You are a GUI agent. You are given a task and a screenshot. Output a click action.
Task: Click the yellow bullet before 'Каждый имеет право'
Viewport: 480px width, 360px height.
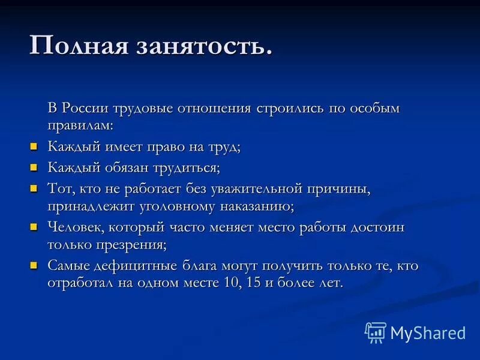pyautogui.click(x=34, y=146)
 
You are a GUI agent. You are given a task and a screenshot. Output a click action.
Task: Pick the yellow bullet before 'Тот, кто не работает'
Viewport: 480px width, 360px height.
pyautogui.click(x=34, y=188)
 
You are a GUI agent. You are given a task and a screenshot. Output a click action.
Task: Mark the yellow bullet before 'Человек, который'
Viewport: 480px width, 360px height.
pyautogui.click(x=34, y=227)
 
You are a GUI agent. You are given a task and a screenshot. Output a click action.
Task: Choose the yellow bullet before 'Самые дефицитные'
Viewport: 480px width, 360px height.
pyautogui.click(x=34, y=266)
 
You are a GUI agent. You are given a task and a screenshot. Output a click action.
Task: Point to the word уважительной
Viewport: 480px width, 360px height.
pyautogui.click(x=256, y=189)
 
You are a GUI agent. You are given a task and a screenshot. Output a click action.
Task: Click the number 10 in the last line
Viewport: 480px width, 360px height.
pyautogui.click(x=227, y=283)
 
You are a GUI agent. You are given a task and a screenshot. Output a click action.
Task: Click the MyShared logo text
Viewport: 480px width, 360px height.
pyautogui.click(x=428, y=333)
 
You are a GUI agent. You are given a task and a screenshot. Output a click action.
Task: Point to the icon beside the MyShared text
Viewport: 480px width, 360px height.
pyautogui.click(x=376, y=332)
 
